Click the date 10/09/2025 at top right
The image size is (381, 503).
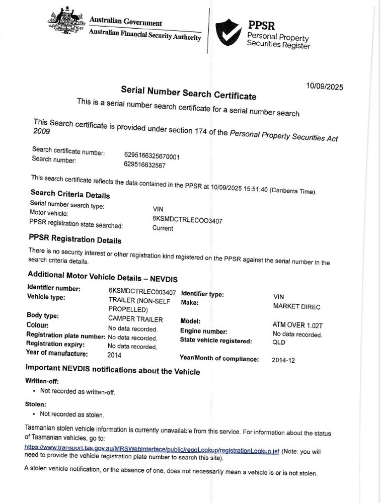pyautogui.click(x=325, y=86)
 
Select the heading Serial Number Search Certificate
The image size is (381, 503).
pyautogui.click(x=188, y=93)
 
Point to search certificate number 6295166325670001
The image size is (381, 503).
pyautogui.click(x=151, y=156)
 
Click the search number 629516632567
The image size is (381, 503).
pyautogui.click(x=144, y=164)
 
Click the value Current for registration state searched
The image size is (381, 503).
pyautogui.click(x=163, y=228)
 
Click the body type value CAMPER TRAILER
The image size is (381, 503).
pyautogui.click(x=135, y=319)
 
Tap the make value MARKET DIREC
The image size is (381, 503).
pyautogui.click(x=296, y=306)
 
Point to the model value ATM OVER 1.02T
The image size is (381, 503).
pyautogui.click(x=297, y=325)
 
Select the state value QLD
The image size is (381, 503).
pyautogui.click(x=279, y=342)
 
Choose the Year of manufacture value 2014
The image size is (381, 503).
pyautogui.click(x=114, y=355)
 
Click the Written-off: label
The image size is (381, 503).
pyautogui.click(x=38, y=381)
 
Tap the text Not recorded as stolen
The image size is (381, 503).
pyautogui.click(x=72, y=414)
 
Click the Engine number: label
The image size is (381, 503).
pyautogui.click(x=203, y=331)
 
